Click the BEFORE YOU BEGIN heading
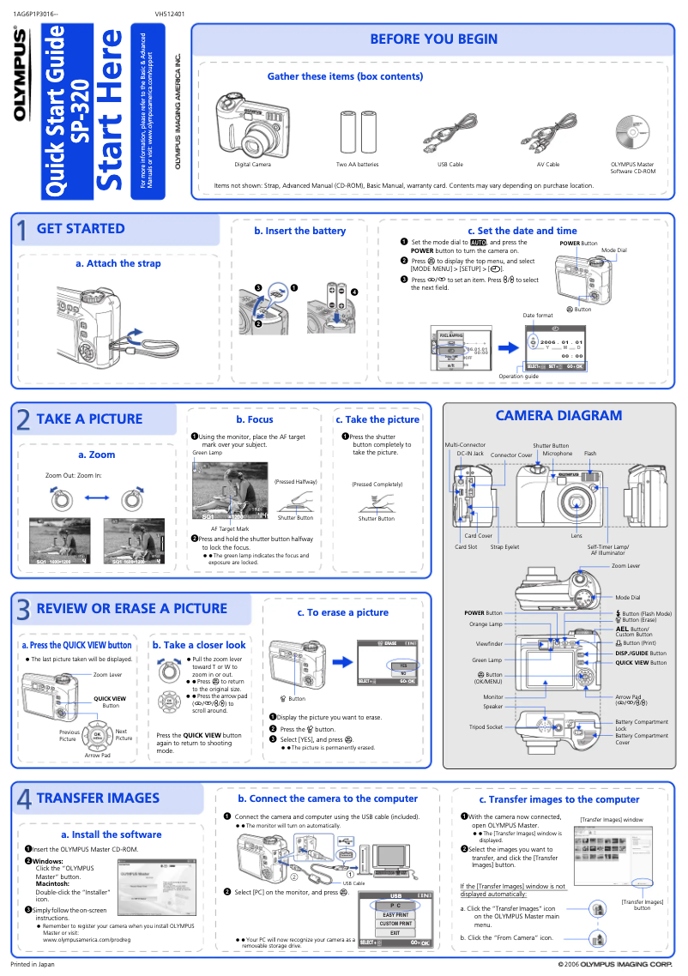(433, 39)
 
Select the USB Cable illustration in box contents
(449, 133)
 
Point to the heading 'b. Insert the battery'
(299, 231)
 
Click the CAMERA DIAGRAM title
(558, 416)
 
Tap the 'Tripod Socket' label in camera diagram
(486, 726)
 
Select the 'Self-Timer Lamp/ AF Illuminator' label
(608, 550)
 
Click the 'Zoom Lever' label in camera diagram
(625, 566)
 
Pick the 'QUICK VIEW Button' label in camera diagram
(640, 662)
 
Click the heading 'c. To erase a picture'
(342, 612)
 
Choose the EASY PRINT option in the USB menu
(395, 914)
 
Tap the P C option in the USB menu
(395, 905)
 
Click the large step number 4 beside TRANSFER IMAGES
(23, 799)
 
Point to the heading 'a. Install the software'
(111, 834)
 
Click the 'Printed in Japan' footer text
(32, 964)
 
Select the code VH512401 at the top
(170, 14)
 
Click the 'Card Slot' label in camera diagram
(466, 546)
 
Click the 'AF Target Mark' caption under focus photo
(229, 529)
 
